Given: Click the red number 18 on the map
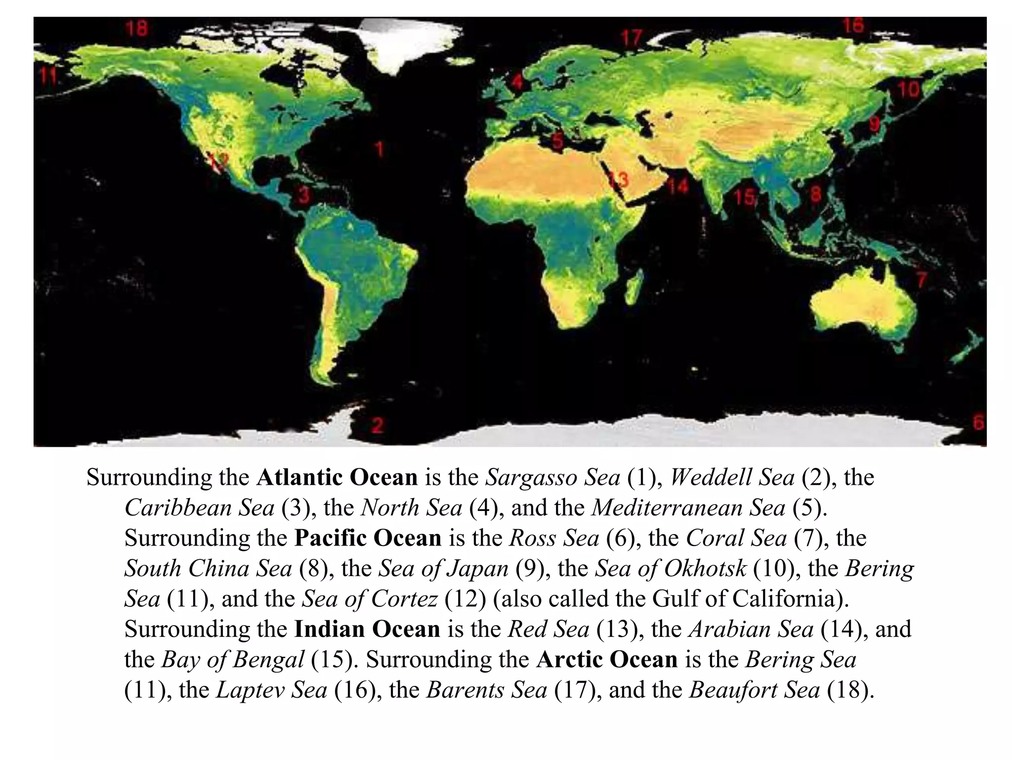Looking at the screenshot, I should [136, 28].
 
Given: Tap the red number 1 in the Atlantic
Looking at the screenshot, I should [379, 149].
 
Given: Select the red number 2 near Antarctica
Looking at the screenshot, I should [377, 424].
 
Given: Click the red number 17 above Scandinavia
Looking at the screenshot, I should [631, 38].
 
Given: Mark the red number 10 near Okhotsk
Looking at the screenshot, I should [908, 89].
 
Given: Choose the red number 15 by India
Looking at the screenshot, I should [744, 197].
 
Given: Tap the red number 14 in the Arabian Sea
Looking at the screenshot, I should [678, 186].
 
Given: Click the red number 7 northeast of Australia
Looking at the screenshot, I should [922, 280].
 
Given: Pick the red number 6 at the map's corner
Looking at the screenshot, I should [978, 423].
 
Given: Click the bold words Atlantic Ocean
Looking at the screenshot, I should [337, 477].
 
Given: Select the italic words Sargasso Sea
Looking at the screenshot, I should [552, 477].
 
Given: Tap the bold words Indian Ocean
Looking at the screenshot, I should [367, 630].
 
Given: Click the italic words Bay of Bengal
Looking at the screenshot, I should [232, 660].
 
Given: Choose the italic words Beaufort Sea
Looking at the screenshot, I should [754, 690].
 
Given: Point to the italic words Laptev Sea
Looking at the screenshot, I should [271, 690].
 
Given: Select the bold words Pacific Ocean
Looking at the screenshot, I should [368, 538].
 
